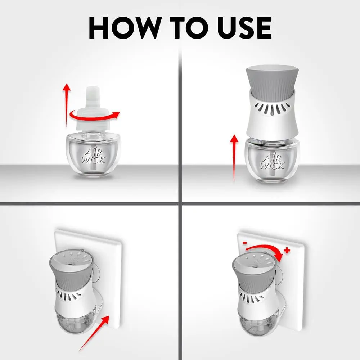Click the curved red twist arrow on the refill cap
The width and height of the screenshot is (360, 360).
(x=95, y=116)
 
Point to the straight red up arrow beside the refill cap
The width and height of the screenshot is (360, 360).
(x=67, y=105)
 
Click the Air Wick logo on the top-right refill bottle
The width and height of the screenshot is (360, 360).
(x=273, y=161)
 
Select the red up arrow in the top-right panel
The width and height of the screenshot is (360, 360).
(x=234, y=158)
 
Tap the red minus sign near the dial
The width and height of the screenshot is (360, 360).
(x=245, y=243)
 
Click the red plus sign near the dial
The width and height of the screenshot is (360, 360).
(x=287, y=251)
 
